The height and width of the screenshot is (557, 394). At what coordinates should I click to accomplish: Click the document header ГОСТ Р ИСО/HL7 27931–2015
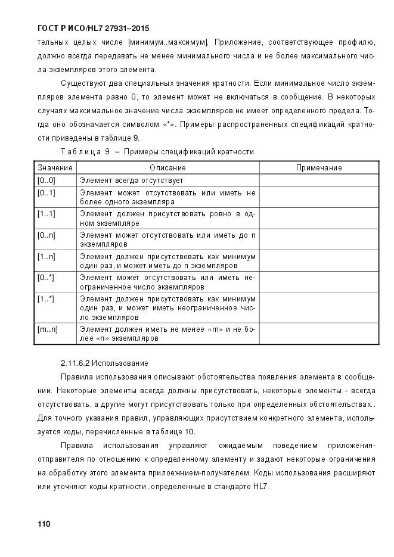[x=93, y=28]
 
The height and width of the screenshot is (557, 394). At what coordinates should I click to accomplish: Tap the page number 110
[x=44, y=524]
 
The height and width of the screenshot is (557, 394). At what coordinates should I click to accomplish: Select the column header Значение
[x=55, y=168]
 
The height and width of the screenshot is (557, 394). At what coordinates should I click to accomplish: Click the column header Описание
[x=167, y=168]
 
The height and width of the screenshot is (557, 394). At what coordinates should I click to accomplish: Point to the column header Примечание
[x=319, y=168]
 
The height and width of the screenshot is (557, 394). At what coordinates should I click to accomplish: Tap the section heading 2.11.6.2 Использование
[x=104, y=363]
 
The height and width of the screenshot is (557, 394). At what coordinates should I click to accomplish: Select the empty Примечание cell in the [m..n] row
[x=319, y=334]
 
